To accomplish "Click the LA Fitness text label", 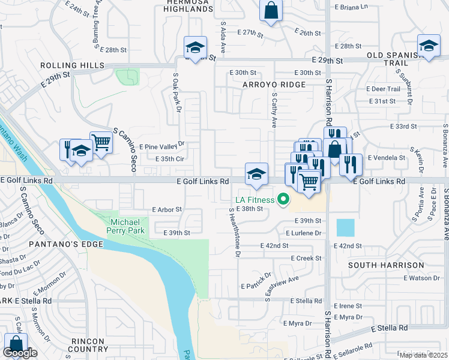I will coord(255,199).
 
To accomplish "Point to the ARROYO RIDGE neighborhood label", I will coord(274,85).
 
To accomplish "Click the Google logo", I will coord(20,353).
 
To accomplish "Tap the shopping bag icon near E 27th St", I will coord(271,10).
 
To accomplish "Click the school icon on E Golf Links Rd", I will coord(256,174).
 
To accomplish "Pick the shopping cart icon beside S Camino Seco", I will coord(101,143).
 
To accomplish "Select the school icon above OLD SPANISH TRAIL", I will coord(429,46).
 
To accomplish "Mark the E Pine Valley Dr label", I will coord(161,146).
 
